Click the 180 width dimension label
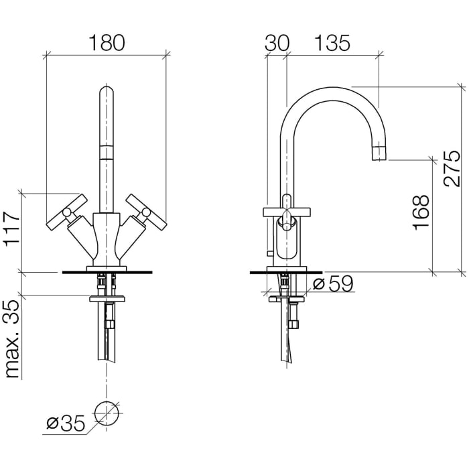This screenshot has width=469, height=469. pyautogui.click(x=107, y=42)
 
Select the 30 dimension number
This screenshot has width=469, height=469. pyautogui.click(x=277, y=43)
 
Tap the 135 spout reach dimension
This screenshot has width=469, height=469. pyautogui.click(x=332, y=43)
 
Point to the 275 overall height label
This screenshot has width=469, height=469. pyautogui.click(x=452, y=169)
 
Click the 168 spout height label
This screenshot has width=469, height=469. pyautogui.click(x=421, y=212)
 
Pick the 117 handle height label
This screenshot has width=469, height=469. pyautogui.click(x=13, y=228)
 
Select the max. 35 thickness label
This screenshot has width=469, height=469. pyautogui.click(x=13, y=339)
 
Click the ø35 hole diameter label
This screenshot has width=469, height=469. pyautogui.click(x=66, y=423)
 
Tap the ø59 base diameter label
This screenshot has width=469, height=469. pyautogui.click(x=333, y=283)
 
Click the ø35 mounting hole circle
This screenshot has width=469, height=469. pyautogui.click(x=107, y=414)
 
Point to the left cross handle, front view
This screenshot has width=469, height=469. pyautogui.click(x=67, y=212)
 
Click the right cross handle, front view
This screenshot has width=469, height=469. pyautogui.click(x=146, y=212)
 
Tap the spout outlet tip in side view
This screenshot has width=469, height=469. pyautogui.click(x=379, y=153)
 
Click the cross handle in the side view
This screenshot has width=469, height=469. pyautogui.click(x=287, y=212)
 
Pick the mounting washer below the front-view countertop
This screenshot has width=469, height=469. pyautogui.click(x=107, y=299)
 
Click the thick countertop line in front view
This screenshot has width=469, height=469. pyautogui.click(x=107, y=272)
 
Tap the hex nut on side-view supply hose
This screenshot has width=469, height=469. pyautogui.click(x=293, y=324)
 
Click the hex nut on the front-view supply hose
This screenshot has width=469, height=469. pyautogui.click(x=109, y=325)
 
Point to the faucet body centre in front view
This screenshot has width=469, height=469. pyautogui.click(x=107, y=237)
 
